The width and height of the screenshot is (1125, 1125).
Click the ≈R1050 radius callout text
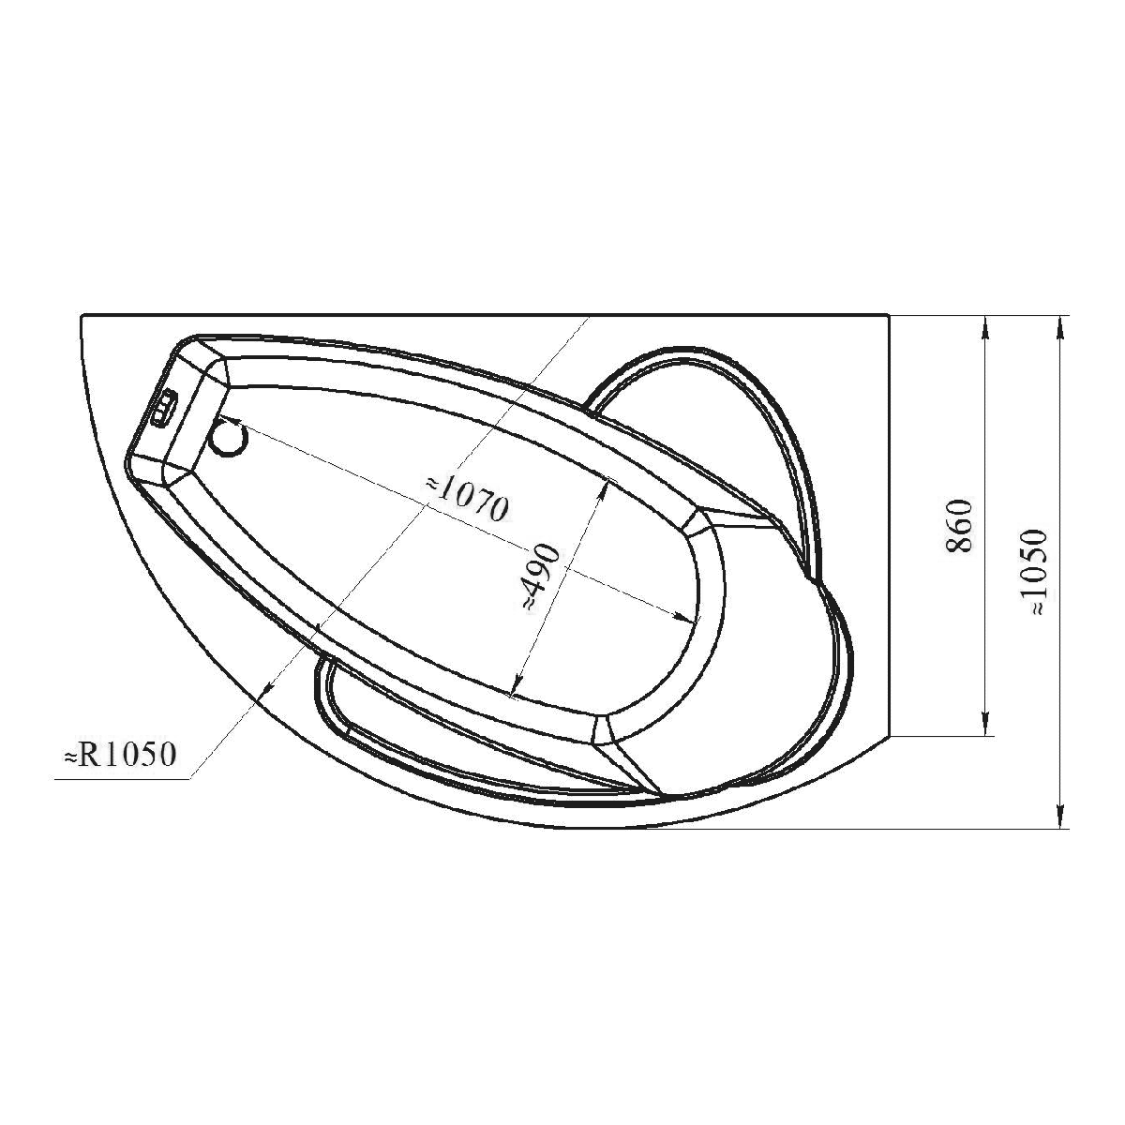[x=120, y=755]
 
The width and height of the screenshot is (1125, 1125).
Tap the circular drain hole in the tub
[x=229, y=439]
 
